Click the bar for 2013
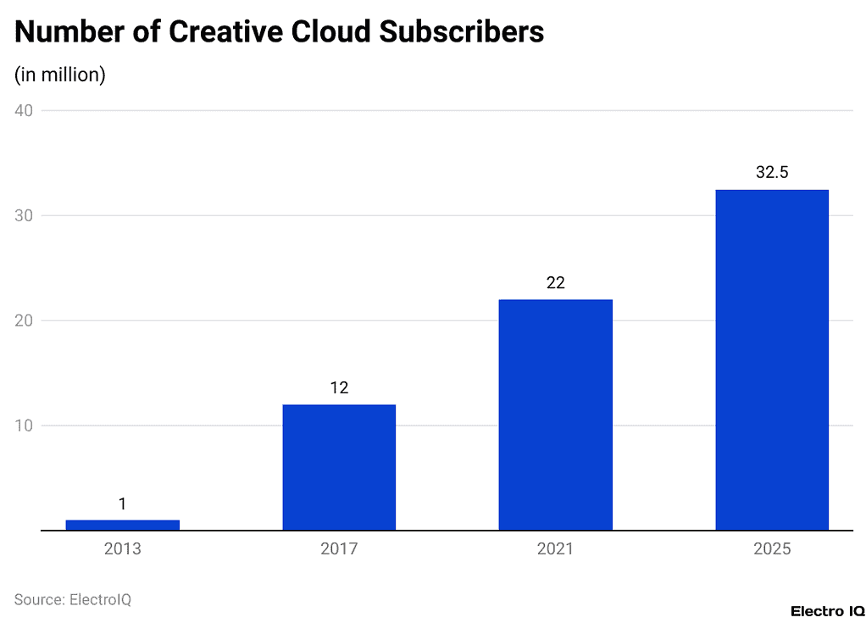click(122, 525)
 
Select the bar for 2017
click(339, 467)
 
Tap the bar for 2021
click(555, 414)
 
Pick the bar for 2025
click(772, 359)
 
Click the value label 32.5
click(772, 173)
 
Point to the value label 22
click(555, 283)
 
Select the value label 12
click(339, 388)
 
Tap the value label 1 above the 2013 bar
click(122, 503)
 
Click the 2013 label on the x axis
click(122, 549)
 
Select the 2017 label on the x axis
click(339, 549)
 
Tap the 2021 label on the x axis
click(555, 549)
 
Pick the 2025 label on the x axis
click(772, 549)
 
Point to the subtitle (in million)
click(60, 75)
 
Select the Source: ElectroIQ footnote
click(73, 599)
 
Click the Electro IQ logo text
click(827, 610)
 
